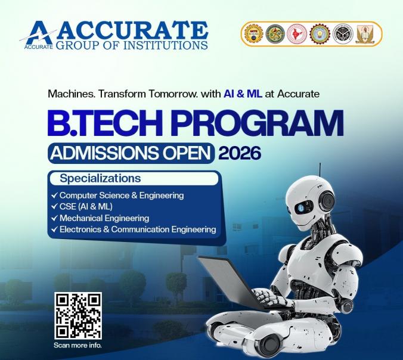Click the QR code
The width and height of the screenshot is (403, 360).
78,315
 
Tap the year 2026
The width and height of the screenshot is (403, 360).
240,153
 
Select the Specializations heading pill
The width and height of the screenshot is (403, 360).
134,178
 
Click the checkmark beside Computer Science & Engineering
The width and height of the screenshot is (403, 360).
54,195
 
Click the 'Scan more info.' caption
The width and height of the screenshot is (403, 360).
77,345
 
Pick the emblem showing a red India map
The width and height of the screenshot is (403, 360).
297,34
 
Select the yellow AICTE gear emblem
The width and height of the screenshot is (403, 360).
253,34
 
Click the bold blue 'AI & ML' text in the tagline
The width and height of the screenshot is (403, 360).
243,94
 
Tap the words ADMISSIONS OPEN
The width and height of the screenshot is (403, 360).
131,153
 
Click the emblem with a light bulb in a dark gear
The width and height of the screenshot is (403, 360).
320,34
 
